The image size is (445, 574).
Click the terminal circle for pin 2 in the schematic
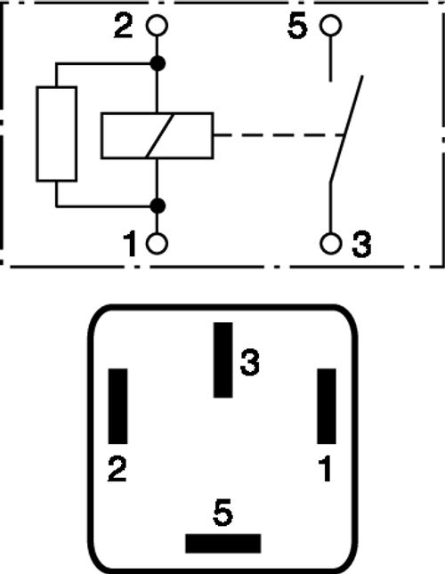click(157, 26)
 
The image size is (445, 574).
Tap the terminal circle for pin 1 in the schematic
click(157, 244)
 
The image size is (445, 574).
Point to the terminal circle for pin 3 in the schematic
click(330, 244)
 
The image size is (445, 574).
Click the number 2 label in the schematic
click(124, 25)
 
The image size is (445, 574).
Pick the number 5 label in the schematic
click(296, 26)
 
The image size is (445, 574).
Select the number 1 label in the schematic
click(130, 244)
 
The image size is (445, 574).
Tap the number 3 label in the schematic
click(361, 244)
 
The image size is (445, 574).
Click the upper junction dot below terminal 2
click(158, 64)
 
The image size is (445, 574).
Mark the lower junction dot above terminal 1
click(158, 206)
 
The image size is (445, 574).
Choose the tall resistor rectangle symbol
click(56, 134)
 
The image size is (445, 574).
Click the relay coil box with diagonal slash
click(157, 136)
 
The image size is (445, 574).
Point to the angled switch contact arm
click(346, 128)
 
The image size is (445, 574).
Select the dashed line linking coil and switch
click(279, 135)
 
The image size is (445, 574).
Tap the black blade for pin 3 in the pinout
click(222, 360)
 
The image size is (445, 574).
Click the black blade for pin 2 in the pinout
click(117, 407)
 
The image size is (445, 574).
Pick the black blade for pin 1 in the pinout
click(327, 407)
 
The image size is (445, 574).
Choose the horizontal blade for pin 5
click(223, 544)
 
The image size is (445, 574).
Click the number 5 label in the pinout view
click(222, 513)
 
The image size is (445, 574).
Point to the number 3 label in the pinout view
click(249, 362)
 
